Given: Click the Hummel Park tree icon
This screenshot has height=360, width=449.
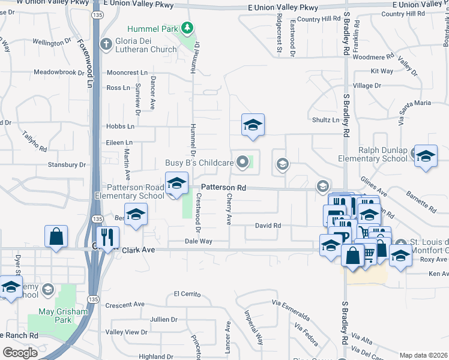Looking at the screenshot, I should [188, 28].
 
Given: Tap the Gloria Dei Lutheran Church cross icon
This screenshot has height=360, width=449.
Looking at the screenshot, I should [106, 44].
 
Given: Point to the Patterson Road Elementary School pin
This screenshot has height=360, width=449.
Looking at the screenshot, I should [176, 183].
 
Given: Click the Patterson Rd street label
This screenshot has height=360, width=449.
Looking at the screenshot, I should [223, 187].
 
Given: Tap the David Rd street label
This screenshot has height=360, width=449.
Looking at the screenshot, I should [268, 226].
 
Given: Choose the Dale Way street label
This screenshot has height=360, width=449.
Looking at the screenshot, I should [198, 241].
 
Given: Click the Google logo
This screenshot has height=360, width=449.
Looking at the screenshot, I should [20, 353].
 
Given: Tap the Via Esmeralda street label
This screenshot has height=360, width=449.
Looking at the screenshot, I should [291, 309].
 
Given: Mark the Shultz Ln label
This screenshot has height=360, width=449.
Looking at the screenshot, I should [325, 120].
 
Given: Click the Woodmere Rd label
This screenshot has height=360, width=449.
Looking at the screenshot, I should [373, 57].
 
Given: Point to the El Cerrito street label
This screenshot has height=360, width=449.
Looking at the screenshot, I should [185, 294].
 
